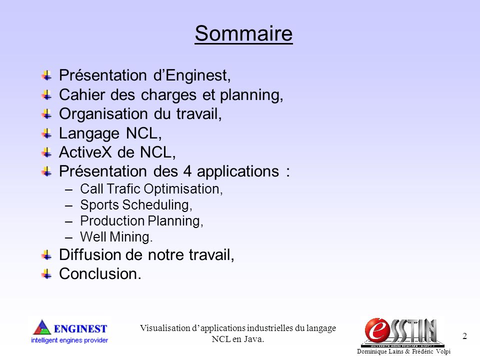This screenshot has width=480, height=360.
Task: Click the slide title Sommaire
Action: click(243, 33)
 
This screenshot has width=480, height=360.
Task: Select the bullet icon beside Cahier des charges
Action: click(46, 94)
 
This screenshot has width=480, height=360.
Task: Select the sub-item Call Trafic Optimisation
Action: click(151, 189)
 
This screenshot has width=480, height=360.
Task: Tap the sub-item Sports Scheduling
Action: click(136, 205)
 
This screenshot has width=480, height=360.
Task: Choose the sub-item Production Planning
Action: click(141, 221)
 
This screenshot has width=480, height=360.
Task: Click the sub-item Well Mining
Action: click(116, 236)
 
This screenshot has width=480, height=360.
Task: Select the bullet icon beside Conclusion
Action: click(46, 273)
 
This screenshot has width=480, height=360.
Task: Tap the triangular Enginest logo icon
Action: click(42, 328)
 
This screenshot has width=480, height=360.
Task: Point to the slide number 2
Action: click(464, 336)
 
